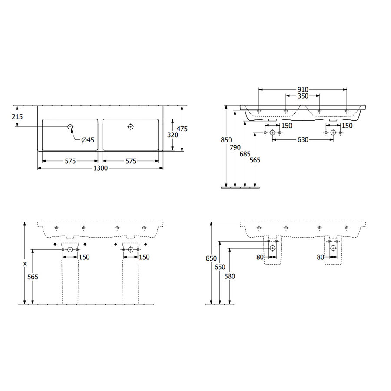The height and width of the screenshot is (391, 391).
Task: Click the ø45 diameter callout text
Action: tap(88, 139)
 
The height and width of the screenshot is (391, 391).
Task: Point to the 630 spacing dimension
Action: tap(303, 140)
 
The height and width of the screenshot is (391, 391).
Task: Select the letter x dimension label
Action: tap(25, 264)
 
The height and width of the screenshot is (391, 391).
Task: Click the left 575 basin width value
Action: tap(70, 161)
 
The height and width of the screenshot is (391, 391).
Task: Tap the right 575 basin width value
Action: tap(131, 161)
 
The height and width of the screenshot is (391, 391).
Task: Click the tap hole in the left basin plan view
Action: tap(70, 126)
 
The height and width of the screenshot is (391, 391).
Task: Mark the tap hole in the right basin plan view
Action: tap(131, 126)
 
